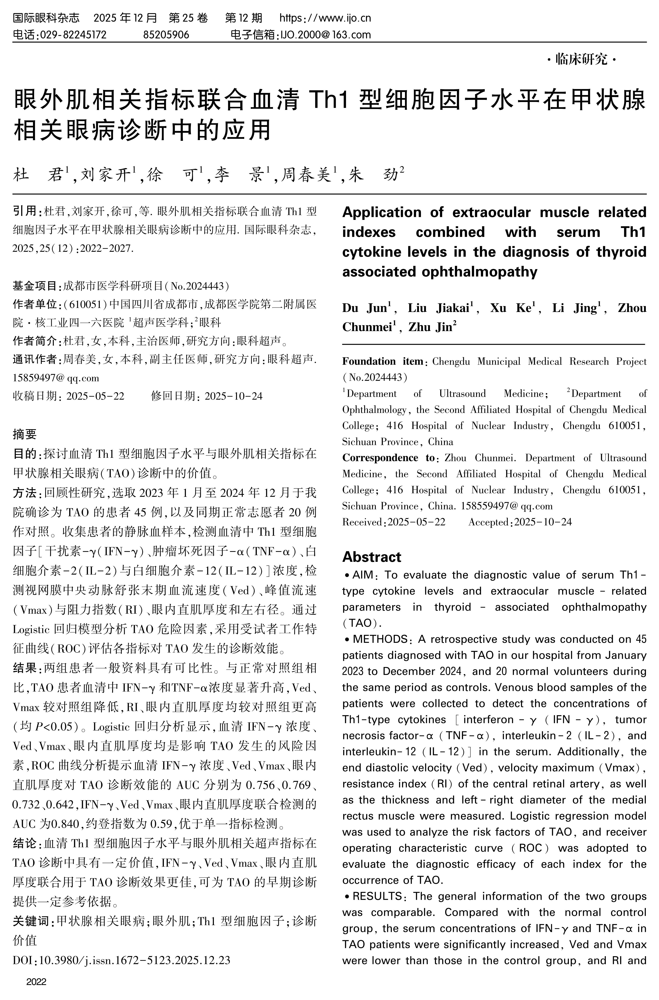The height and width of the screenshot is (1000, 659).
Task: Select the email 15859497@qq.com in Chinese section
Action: [56, 378]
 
